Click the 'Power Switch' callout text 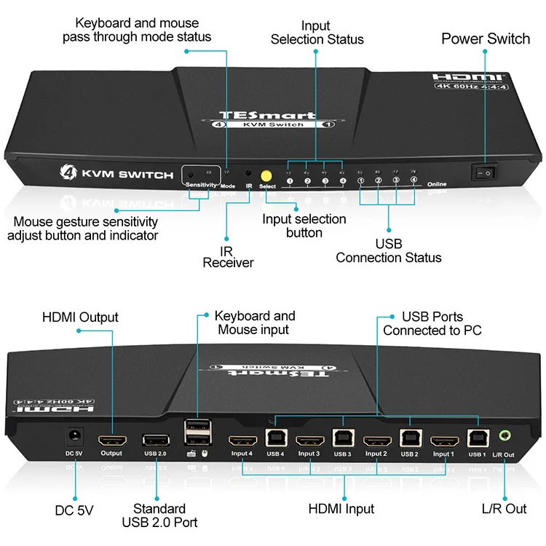(486, 39)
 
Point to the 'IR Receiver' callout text (228, 256)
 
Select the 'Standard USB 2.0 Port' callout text (159, 515)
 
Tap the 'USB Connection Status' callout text (388, 250)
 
